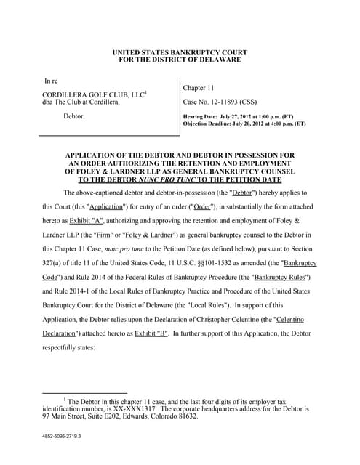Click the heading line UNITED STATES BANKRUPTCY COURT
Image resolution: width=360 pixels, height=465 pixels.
coord(180,52)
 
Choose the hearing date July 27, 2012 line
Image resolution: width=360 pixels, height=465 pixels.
coord(244,117)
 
